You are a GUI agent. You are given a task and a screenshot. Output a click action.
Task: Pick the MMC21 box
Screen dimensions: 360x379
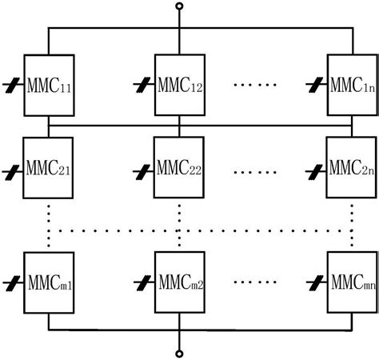click(50, 170)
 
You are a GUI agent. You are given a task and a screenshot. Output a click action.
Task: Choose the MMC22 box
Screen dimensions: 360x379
click(180, 170)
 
